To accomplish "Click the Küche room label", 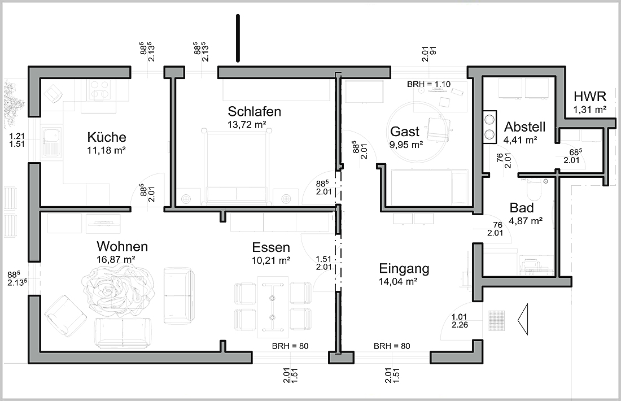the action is pyautogui.click(x=107, y=137).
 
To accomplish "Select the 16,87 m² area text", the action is pyautogui.click(x=116, y=260).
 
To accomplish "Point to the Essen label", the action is pyautogui.click(x=271, y=247).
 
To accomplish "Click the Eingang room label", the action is pyautogui.click(x=404, y=269).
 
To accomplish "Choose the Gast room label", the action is pyautogui.click(x=404, y=132).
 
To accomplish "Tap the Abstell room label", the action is pyautogui.click(x=525, y=127).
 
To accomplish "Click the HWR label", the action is pyautogui.click(x=590, y=96).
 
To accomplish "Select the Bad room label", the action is pyautogui.click(x=522, y=208).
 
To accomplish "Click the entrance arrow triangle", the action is pyautogui.click(x=523, y=319).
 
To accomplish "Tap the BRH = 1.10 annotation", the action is pyautogui.click(x=428, y=84).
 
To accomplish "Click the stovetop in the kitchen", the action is pyautogui.click(x=99, y=89).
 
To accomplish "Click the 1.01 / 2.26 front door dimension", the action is pyautogui.click(x=460, y=321).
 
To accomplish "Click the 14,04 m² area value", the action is pyautogui.click(x=398, y=282).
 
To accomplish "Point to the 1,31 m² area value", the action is pyautogui.click(x=590, y=110).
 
